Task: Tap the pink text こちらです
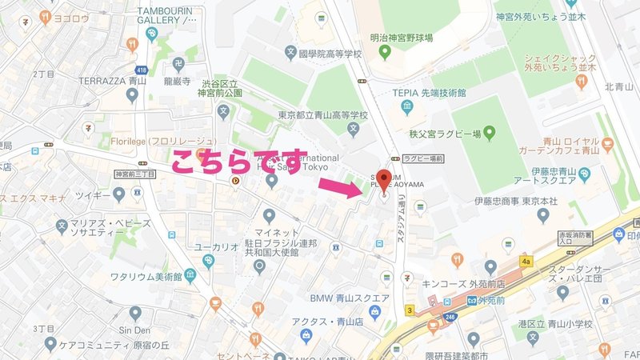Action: coord(239,162)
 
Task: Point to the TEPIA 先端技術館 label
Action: coord(429,92)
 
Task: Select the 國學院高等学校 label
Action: coord(330,54)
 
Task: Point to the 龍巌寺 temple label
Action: coord(175,81)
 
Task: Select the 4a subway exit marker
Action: coord(526,260)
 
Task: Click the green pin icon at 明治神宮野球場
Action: coord(385,53)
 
